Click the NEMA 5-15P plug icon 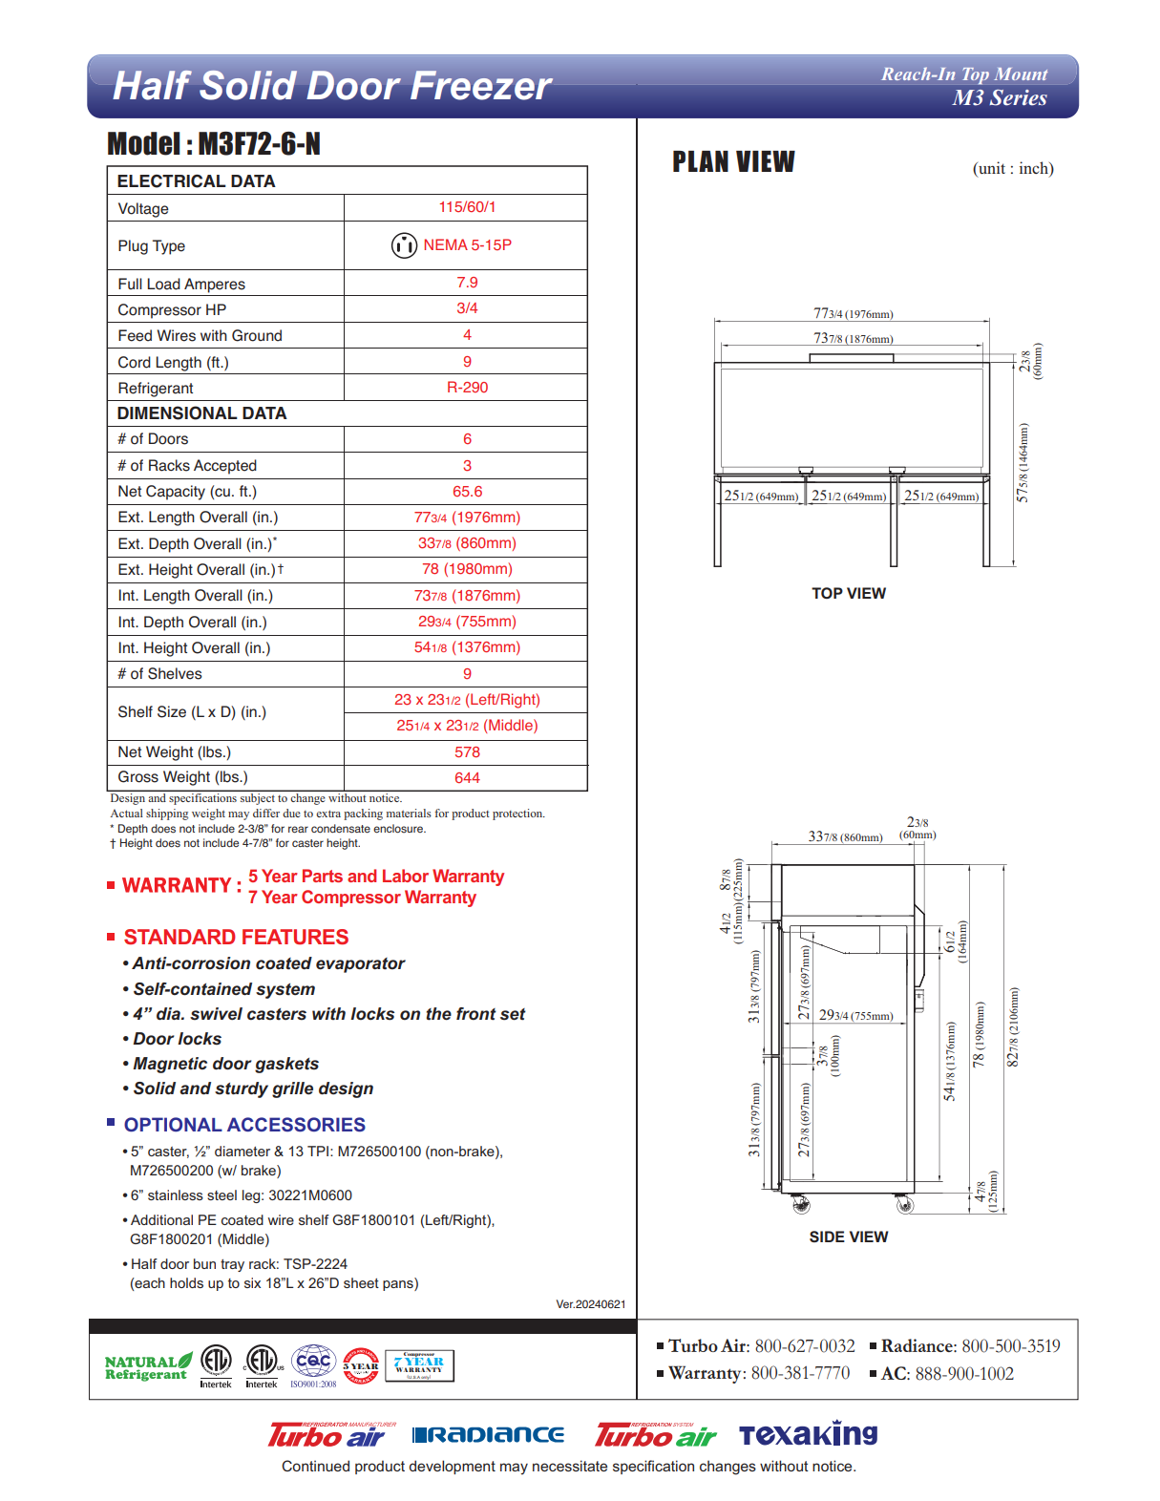(404, 245)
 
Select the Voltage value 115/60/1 (467, 207)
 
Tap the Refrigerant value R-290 (467, 388)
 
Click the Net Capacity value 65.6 (467, 492)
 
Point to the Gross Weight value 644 (467, 778)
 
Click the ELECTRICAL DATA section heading (196, 181)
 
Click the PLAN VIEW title (733, 162)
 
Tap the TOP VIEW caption (849, 594)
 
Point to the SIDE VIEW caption (849, 1237)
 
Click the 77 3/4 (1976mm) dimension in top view (853, 313)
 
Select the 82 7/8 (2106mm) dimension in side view (1013, 1026)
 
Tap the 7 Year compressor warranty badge (419, 1365)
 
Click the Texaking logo (808, 1434)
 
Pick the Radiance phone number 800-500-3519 (1010, 1346)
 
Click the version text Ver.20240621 (590, 1304)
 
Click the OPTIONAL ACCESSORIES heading (244, 1125)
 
